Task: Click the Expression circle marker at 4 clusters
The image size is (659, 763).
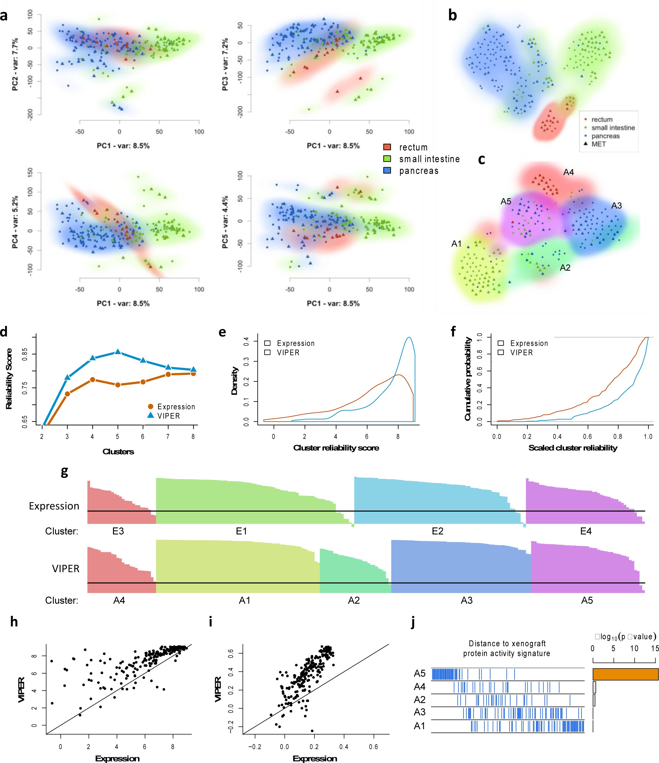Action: tap(92, 380)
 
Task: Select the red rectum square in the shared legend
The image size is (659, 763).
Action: tap(387, 147)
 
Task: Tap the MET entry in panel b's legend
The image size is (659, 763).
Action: tap(598, 144)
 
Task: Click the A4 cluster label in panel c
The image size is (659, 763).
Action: tap(568, 172)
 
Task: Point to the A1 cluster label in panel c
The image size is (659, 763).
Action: tap(456, 243)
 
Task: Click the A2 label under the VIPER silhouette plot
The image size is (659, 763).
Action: tap(354, 601)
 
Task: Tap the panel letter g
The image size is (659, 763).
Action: tap(64, 472)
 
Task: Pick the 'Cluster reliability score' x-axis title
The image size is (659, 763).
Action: tap(336, 448)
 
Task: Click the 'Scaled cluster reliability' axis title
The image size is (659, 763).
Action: tap(573, 448)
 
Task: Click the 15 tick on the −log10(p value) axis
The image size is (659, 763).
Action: tap(655, 648)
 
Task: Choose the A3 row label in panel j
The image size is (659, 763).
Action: tap(420, 712)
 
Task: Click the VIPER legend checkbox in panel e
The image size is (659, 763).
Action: tap(267, 353)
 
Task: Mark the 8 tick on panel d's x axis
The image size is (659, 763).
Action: tap(193, 437)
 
